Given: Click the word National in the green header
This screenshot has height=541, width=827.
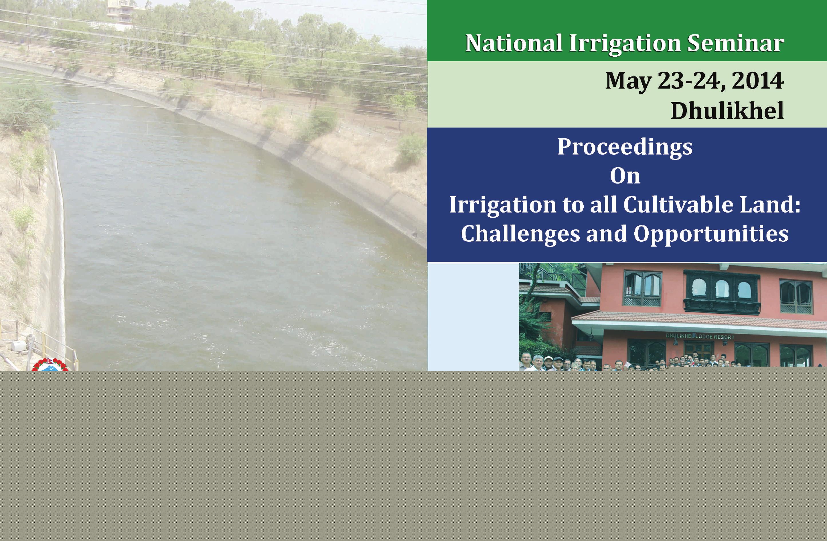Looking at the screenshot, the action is click(514, 43).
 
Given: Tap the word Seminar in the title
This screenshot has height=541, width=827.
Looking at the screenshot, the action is click(735, 43).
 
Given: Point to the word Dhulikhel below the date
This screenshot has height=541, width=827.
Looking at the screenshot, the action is click(727, 111).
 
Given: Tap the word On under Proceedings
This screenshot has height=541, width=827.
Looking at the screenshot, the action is click(625, 176).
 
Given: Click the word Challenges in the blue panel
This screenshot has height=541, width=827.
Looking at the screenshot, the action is click(520, 234).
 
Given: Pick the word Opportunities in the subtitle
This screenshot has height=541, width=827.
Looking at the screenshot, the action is click(711, 234).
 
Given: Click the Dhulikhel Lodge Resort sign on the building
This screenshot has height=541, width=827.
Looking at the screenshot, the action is click(700, 337).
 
